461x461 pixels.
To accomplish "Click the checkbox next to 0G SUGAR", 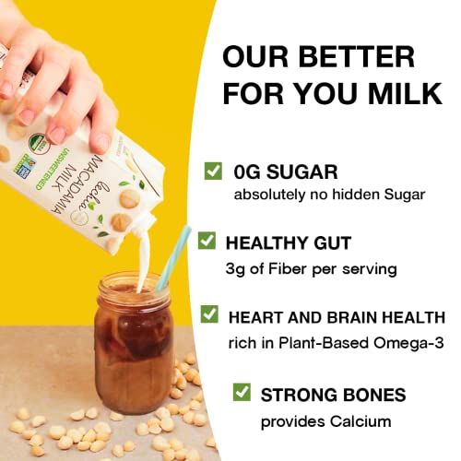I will pyautogui.click(x=213, y=171).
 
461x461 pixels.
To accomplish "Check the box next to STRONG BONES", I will pyautogui.click(x=241, y=394).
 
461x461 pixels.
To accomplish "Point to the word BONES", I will pyautogui.click(x=368, y=396).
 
